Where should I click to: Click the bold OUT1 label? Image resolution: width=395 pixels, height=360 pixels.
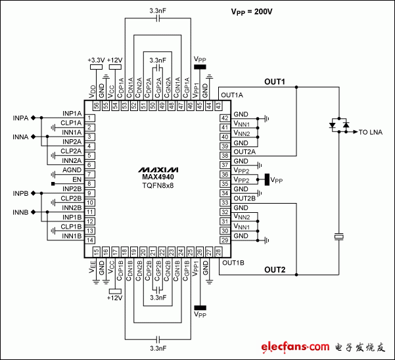coord(275,83)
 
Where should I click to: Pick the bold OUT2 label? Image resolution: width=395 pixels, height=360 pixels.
coord(275,269)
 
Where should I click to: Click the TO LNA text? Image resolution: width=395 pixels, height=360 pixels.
coord(372,132)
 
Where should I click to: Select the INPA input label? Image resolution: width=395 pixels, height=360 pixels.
coord(20,118)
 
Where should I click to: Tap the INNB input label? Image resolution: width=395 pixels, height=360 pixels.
coord(20,212)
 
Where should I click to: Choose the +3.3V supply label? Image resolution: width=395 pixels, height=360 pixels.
coord(96,60)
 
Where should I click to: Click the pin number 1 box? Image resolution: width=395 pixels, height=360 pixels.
coord(89,118)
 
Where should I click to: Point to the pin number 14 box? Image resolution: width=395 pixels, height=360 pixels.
coord(89,240)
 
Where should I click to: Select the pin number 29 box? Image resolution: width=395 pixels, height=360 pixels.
coord(224,240)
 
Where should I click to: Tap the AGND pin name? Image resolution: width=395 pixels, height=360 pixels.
coord(72,169)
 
